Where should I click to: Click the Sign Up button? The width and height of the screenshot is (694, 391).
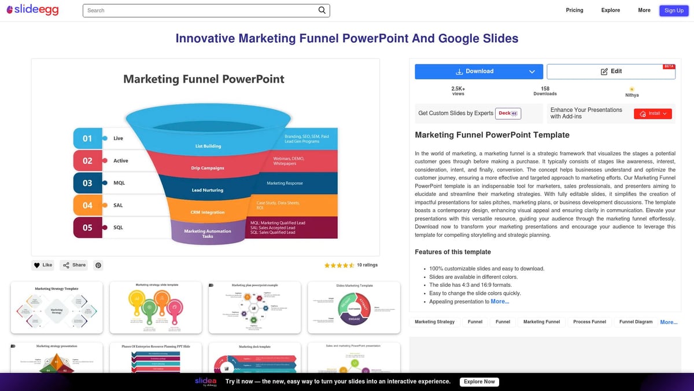[674, 10]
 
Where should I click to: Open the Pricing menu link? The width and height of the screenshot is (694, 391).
[574, 10]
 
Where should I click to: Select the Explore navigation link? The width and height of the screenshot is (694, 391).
[610, 10]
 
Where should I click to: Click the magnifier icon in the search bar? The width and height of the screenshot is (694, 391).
[322, 10]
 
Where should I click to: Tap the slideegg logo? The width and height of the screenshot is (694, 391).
[32, 10]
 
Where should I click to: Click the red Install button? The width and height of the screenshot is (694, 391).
[652, 114]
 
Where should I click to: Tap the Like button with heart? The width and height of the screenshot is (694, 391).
[43, 265]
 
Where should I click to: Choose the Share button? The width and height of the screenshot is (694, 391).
[74, 265]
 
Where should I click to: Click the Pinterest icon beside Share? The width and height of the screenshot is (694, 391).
[98, 265]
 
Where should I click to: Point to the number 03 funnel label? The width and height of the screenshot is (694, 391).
[87, 183]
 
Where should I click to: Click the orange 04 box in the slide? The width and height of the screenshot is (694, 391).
[87, 205]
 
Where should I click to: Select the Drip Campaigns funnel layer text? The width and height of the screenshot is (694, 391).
[207, 168]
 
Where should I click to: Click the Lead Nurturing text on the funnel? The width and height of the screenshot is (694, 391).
[207, 190]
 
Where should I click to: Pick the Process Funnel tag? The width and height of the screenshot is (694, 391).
[589, 322]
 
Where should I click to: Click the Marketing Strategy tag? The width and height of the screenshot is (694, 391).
[434, 322]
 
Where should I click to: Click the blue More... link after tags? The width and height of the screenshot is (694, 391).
[669, 322]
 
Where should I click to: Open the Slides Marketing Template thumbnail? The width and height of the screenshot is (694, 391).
[354, 308]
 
